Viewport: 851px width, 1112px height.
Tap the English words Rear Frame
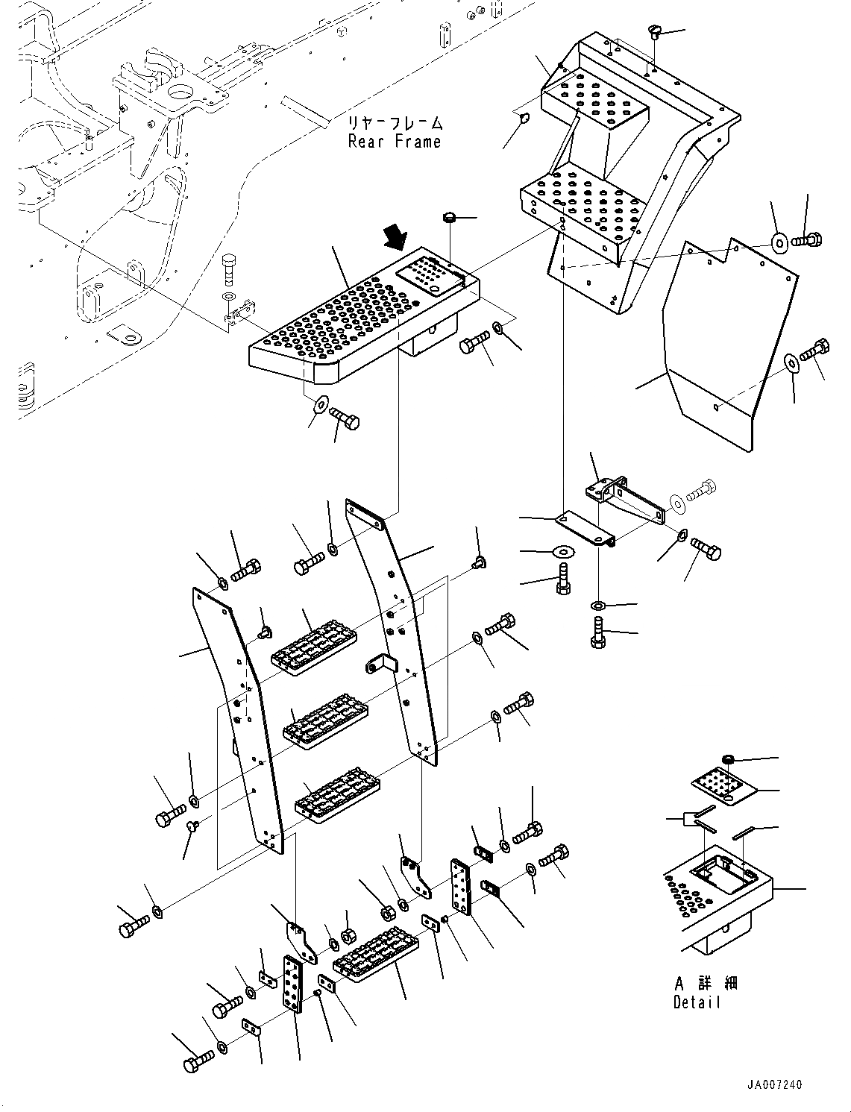click(395, 142)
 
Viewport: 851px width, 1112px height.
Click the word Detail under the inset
click(697, 1002)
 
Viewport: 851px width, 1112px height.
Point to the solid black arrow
click(395, 239)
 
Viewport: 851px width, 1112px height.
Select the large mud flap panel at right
click(720, 343)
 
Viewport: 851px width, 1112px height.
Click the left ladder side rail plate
click(237, 716)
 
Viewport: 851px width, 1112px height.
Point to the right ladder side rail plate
click(394, 626)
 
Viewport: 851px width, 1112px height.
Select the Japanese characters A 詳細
click(705, 984)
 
